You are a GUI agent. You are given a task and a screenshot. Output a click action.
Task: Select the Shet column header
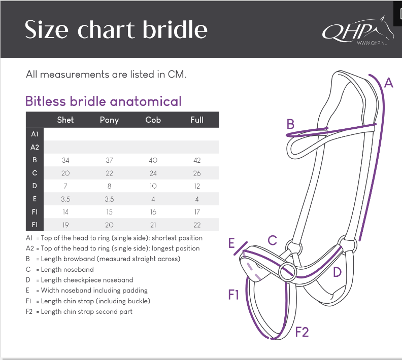click(65, 120)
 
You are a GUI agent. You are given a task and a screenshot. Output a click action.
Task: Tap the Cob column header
click(153, 120)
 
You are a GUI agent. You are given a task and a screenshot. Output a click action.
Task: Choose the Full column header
click(197, 120)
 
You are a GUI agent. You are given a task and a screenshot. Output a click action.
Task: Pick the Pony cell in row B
click(109, 160)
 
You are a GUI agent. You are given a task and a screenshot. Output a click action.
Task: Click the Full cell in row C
click(197, 173)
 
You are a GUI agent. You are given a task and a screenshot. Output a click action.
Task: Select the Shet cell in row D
click(65, 186)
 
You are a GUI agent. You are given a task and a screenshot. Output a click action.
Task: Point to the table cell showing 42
click(197, 160)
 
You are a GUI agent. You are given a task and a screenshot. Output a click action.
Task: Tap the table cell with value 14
click(65, 212)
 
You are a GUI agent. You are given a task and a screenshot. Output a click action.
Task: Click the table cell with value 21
click(153, 225)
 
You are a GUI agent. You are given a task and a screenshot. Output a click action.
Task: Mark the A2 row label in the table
click(35, 147)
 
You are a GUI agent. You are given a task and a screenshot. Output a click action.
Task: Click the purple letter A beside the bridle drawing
click(389, 83)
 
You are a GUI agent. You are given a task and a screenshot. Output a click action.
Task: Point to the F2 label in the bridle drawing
click(301, 333)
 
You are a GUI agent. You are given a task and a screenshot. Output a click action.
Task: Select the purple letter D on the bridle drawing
click(337, 272)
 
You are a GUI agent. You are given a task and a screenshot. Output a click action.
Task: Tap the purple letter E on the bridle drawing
click(232, 243)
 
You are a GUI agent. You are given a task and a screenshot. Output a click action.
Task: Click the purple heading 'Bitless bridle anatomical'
click(104, 101)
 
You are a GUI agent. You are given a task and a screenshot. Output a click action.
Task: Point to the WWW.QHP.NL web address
click(372, 43)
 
